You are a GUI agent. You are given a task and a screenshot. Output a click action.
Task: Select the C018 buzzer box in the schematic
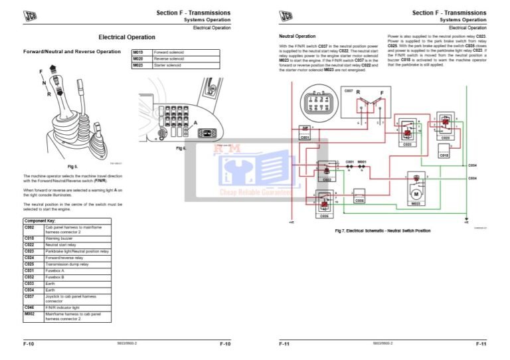(444, 154)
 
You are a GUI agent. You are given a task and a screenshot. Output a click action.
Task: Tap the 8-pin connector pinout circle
(311, 104)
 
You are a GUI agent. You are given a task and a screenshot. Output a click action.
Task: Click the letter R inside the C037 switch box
(358, 93)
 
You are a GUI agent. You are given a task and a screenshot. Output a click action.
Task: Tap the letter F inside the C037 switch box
(381, 93)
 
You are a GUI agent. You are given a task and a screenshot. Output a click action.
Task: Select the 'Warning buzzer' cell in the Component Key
(61, 237)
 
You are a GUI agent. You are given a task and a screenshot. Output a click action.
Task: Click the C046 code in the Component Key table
(29, 307)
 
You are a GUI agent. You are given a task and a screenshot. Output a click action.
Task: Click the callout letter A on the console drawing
(195, 122)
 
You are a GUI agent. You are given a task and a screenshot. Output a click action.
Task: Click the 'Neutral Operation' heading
(297, 37)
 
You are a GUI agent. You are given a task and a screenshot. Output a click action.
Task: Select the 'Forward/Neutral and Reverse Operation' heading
(72, 51)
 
